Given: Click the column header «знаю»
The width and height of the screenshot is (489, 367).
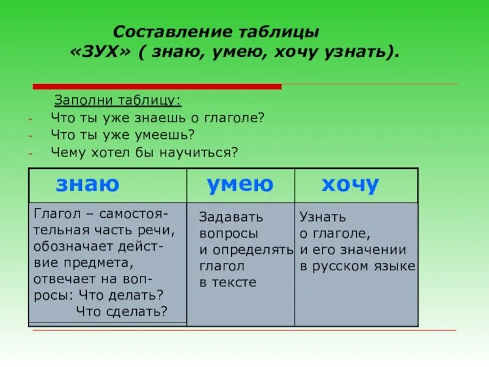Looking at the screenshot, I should click(x=87, y=184).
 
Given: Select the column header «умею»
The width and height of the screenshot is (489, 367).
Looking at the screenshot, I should click(x=240, y=184).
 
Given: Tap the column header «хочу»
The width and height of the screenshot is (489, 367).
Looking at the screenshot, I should click(x=350, y=184).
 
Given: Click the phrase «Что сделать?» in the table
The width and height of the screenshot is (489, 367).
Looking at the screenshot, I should click(x=122, y=310).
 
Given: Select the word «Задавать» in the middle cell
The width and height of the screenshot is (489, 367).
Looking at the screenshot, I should click(x=231, y=217).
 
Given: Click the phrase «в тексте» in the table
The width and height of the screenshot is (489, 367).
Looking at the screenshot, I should click(x=227, y=282).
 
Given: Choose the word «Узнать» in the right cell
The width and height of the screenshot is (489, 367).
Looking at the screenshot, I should click(x=323, y=217).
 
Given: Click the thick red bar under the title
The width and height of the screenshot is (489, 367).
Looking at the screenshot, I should click(x=157, y=86).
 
